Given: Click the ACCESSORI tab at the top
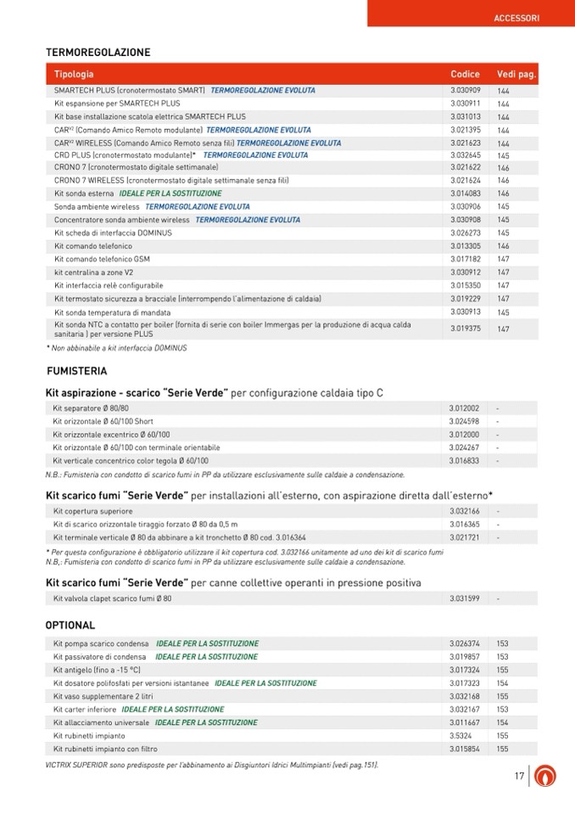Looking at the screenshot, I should coord(516,18).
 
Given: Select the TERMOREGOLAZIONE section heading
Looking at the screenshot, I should coord(98,53).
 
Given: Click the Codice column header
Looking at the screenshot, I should coord(465,75).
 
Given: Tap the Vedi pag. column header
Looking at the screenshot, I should coord(516,75).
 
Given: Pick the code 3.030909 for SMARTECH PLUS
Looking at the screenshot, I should coord(466,90).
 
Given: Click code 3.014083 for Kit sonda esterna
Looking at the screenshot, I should coord(466,194).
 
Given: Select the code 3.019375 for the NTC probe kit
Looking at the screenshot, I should coord(466,328).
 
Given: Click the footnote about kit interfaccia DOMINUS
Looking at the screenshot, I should coord(116,348).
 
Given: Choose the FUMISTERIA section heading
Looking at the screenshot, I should coord(76,371).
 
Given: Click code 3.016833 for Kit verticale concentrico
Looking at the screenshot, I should coord(464,461).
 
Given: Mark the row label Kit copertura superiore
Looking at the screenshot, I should coord(92,512).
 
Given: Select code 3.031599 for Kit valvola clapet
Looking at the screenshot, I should coord(464,598).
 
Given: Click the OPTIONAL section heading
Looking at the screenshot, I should coord(70,626).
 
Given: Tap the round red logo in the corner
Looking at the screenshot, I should coord(550,776).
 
